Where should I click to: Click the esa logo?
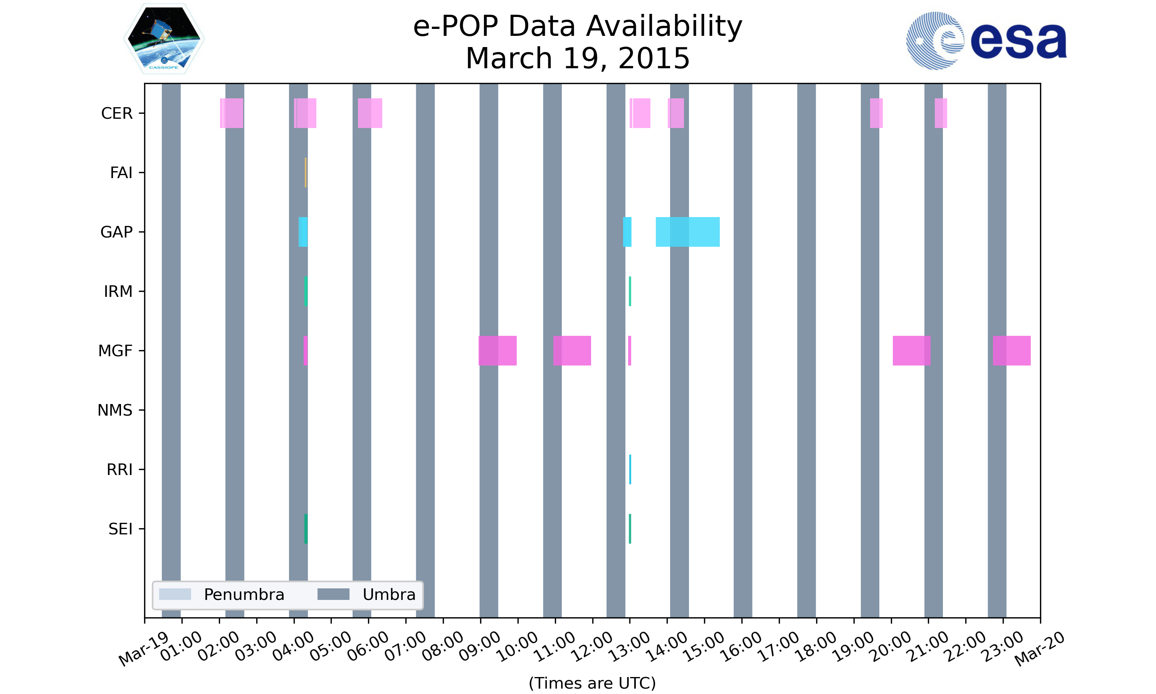[x=986, y=41]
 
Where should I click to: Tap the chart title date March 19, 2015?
[x=578, y=59]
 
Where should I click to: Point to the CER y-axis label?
[x=117, y=113]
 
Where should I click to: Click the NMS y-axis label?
[x=115, y=410]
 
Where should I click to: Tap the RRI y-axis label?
[x=119, y=470]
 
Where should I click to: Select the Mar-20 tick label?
[x=1039, y=648]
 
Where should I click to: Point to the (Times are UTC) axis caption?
[x=592, y=683]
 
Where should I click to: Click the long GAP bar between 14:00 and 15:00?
[x=687, y=232]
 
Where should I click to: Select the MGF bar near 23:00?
[x=1012, y=351]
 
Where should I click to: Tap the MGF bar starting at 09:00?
[x=497, y=351]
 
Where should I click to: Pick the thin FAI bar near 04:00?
[x=306, y=173]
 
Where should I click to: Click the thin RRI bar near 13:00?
[x=630, y=470]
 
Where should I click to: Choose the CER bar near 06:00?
[x=370, y=113]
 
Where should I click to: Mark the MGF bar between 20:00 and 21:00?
[x=911, y=351]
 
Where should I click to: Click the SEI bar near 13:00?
[x=630, y=529]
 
